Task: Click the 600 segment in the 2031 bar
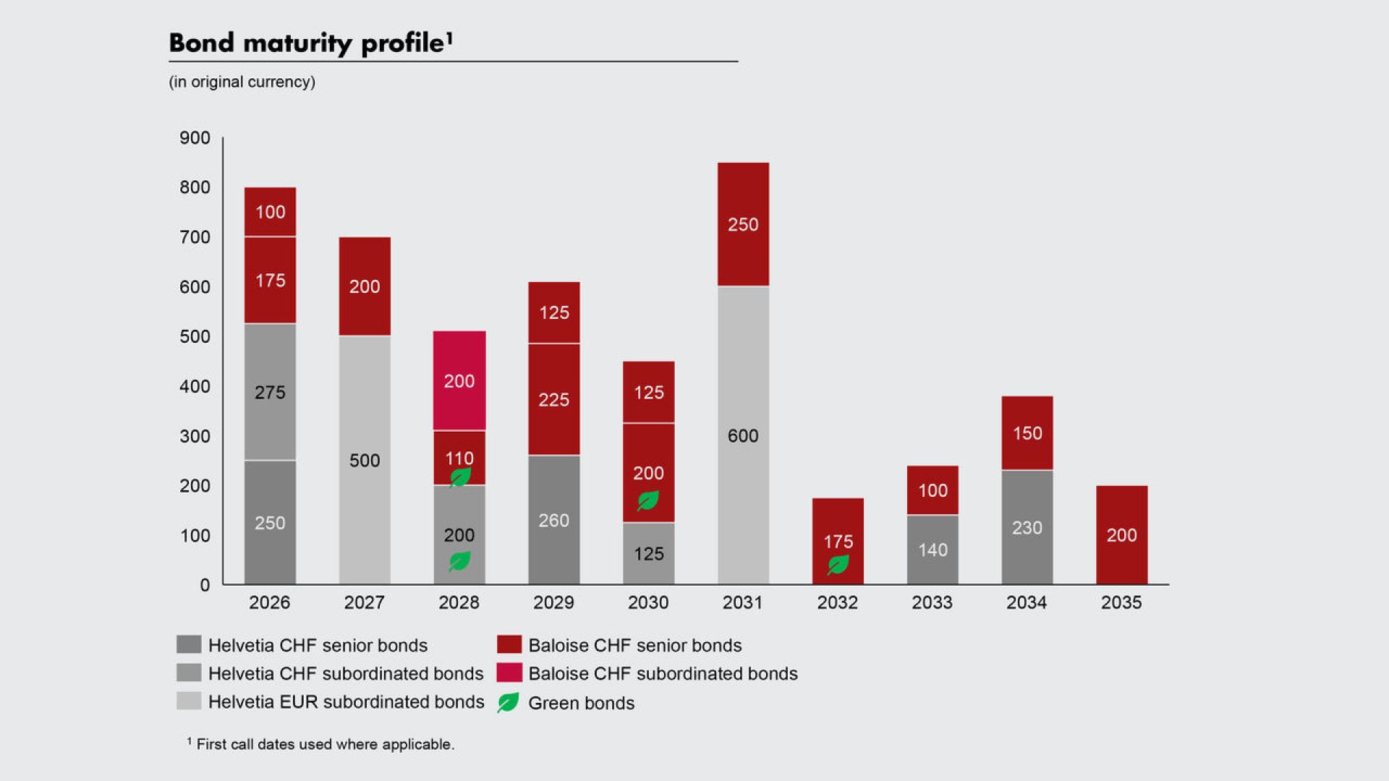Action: [x=743, y=435]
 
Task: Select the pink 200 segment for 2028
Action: [x=459, y=381]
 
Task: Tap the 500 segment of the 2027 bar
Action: [x=365, y=460]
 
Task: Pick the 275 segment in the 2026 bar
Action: [x=270, y=392]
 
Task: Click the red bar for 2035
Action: [x=1121, y=535]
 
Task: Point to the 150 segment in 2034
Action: [x=1027, y=433]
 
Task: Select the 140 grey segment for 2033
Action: [x=933, y=550]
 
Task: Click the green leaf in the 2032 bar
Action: [x=838, y=564]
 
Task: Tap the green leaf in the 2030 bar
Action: [x=648, y=500]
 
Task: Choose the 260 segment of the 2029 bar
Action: [x=553, y=520]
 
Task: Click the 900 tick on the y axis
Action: [x=195, y=138]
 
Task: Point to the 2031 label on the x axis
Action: [x=742, y=602]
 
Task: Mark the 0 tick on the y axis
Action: [x=205, y=585]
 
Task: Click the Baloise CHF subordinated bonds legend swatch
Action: [x=509, y=673]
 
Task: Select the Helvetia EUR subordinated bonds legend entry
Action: [x=346, y=701]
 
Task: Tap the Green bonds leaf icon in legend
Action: [x=509, y=703]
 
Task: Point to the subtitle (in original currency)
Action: [x=242, y=82]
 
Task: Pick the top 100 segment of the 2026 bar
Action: [x=270, y=212]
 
